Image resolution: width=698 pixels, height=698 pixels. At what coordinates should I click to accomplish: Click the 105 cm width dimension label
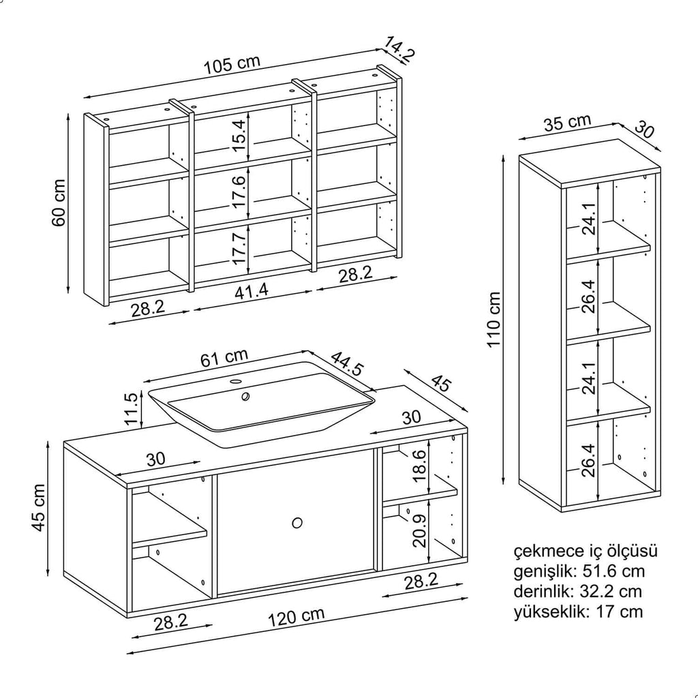coord(232,65)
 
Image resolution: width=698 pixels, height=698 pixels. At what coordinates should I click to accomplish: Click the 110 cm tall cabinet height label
coord(495,319)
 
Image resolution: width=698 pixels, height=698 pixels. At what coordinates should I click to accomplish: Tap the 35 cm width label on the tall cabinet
coord(566,123)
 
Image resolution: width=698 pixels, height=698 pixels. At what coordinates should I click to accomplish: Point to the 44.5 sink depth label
coord(347,365)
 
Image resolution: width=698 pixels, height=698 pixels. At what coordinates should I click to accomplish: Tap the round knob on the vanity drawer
coord(297,523)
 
